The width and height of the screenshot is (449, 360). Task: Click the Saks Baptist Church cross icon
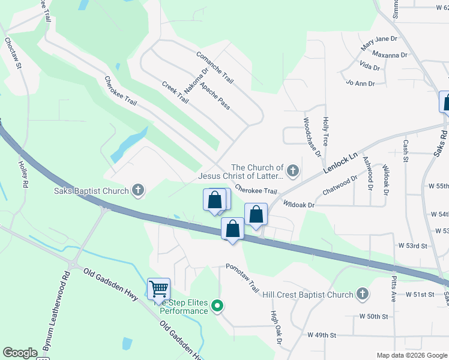pyautogui.click(x=138, y=191)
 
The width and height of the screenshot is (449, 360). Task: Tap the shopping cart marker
pyautogui.click(x=158, y=289)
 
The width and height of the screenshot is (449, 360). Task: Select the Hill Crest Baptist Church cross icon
pyautogui.click(x=361, y=294)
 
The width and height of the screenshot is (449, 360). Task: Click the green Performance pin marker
pyautogui.click(x=218, y=307)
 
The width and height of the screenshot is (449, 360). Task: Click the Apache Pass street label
pyautogui.click(x=215, y=95)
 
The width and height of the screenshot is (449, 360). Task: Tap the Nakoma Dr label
pyautogui.click(x=196, y=79)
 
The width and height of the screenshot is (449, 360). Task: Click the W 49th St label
pyautogui.click(x=322, y=335)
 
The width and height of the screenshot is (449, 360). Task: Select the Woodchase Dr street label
pyautogui.click(x=312, y=137)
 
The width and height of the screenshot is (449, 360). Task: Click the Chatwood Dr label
pyautogui.click(x=340, y=185)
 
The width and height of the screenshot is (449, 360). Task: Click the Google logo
pyautogui.click(x=20, y=353)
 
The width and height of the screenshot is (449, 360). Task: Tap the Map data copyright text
pyautogui.click(x=412, y=355)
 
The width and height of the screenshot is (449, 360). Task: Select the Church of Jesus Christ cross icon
pyautogui.click(x=292, y=172)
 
